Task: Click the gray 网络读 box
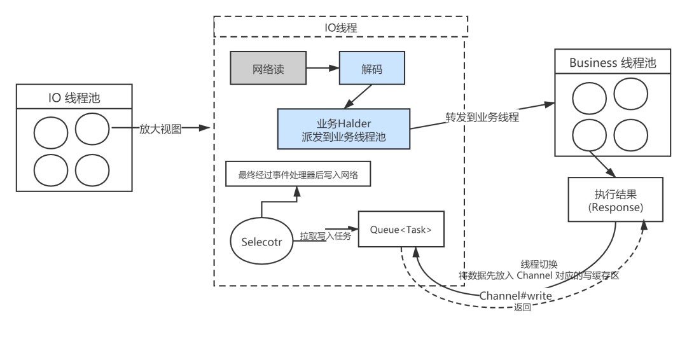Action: (268, 69)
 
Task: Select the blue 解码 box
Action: (371, 69)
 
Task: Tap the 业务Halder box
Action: (343, 128)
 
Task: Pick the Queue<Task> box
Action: (401, 228)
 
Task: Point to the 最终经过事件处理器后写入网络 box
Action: (298, 176)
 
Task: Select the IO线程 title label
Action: (341, 27)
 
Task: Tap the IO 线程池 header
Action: (74, 98)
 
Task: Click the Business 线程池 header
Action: (612, 63)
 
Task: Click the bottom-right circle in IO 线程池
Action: (92, 170)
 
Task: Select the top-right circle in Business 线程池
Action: (630, 93)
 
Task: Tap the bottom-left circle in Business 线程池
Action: (589, 135)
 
